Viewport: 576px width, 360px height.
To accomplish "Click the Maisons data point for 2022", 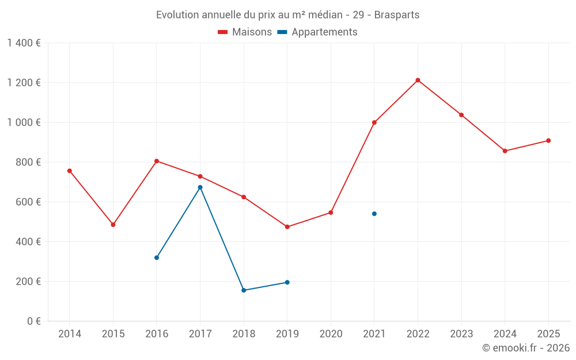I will [418, 80].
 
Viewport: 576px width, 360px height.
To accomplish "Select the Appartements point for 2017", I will [200, 187].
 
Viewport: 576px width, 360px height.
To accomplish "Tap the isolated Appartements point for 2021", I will [374, 214].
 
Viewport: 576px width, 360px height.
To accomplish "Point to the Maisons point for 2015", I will [113, 225].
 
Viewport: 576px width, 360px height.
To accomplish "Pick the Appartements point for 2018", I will [244, 290].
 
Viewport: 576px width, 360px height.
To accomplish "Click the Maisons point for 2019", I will [287, 227].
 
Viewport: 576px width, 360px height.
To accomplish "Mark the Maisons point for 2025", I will [548, 141].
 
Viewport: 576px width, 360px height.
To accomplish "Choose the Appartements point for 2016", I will [157, 257].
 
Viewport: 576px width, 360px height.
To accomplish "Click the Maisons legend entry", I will [245, 32].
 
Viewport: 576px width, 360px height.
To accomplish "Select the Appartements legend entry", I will [318, 32].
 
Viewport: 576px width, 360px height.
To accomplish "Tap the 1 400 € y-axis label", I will [24, 43].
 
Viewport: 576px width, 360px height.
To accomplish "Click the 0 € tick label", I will [34, 321].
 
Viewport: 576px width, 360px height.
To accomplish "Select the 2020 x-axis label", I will [331, 334].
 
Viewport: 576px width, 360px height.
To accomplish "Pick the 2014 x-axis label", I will [70, 334].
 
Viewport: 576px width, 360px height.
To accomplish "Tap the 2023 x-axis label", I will [461, 334].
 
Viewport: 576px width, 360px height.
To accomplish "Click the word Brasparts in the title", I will [397, 14].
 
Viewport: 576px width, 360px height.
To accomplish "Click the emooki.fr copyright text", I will [526, 348].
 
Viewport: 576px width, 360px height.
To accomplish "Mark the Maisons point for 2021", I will [374, 123].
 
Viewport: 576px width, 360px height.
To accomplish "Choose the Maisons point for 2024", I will [505, 151].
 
